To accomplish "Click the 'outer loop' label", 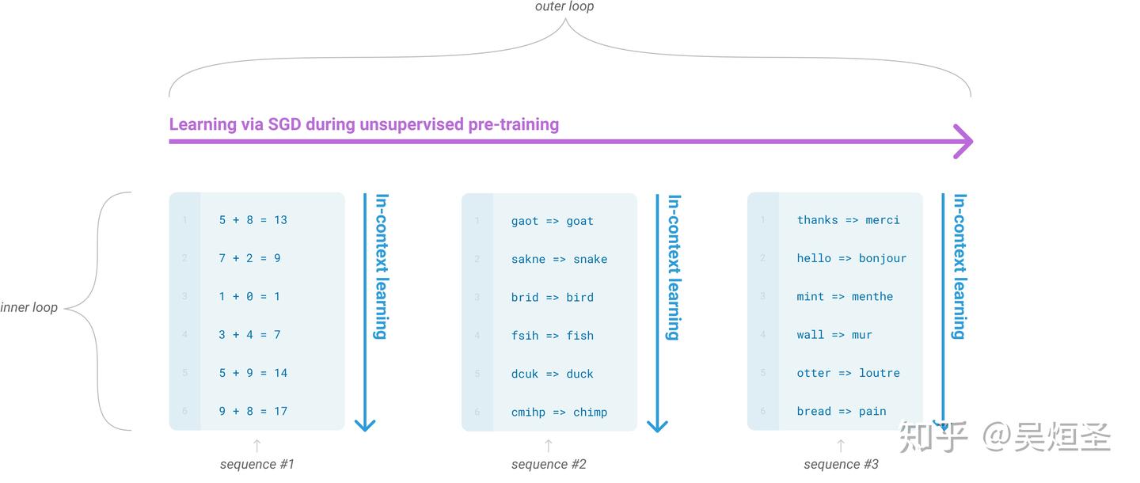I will [564, 7].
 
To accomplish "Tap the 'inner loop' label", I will [29, 307].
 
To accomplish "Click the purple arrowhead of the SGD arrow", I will [963, 142].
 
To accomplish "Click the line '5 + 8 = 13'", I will [253, 220].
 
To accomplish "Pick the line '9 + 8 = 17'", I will [253, 411].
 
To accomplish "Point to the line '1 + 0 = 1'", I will [249, 296].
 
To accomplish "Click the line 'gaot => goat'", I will [552, 221].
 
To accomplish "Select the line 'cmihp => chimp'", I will [559, 412].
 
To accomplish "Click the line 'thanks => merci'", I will [848, 220].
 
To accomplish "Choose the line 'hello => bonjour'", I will [851, 258].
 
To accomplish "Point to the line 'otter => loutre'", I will [848, 373].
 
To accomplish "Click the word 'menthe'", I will [872, 296].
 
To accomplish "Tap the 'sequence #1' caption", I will [256, 464].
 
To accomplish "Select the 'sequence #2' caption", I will [549, 464].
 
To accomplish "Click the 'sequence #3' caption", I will [841, 464].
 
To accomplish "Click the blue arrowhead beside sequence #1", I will [364, 424].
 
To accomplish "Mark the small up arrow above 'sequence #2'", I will [549, 446].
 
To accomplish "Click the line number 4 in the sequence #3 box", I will [762, 335].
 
